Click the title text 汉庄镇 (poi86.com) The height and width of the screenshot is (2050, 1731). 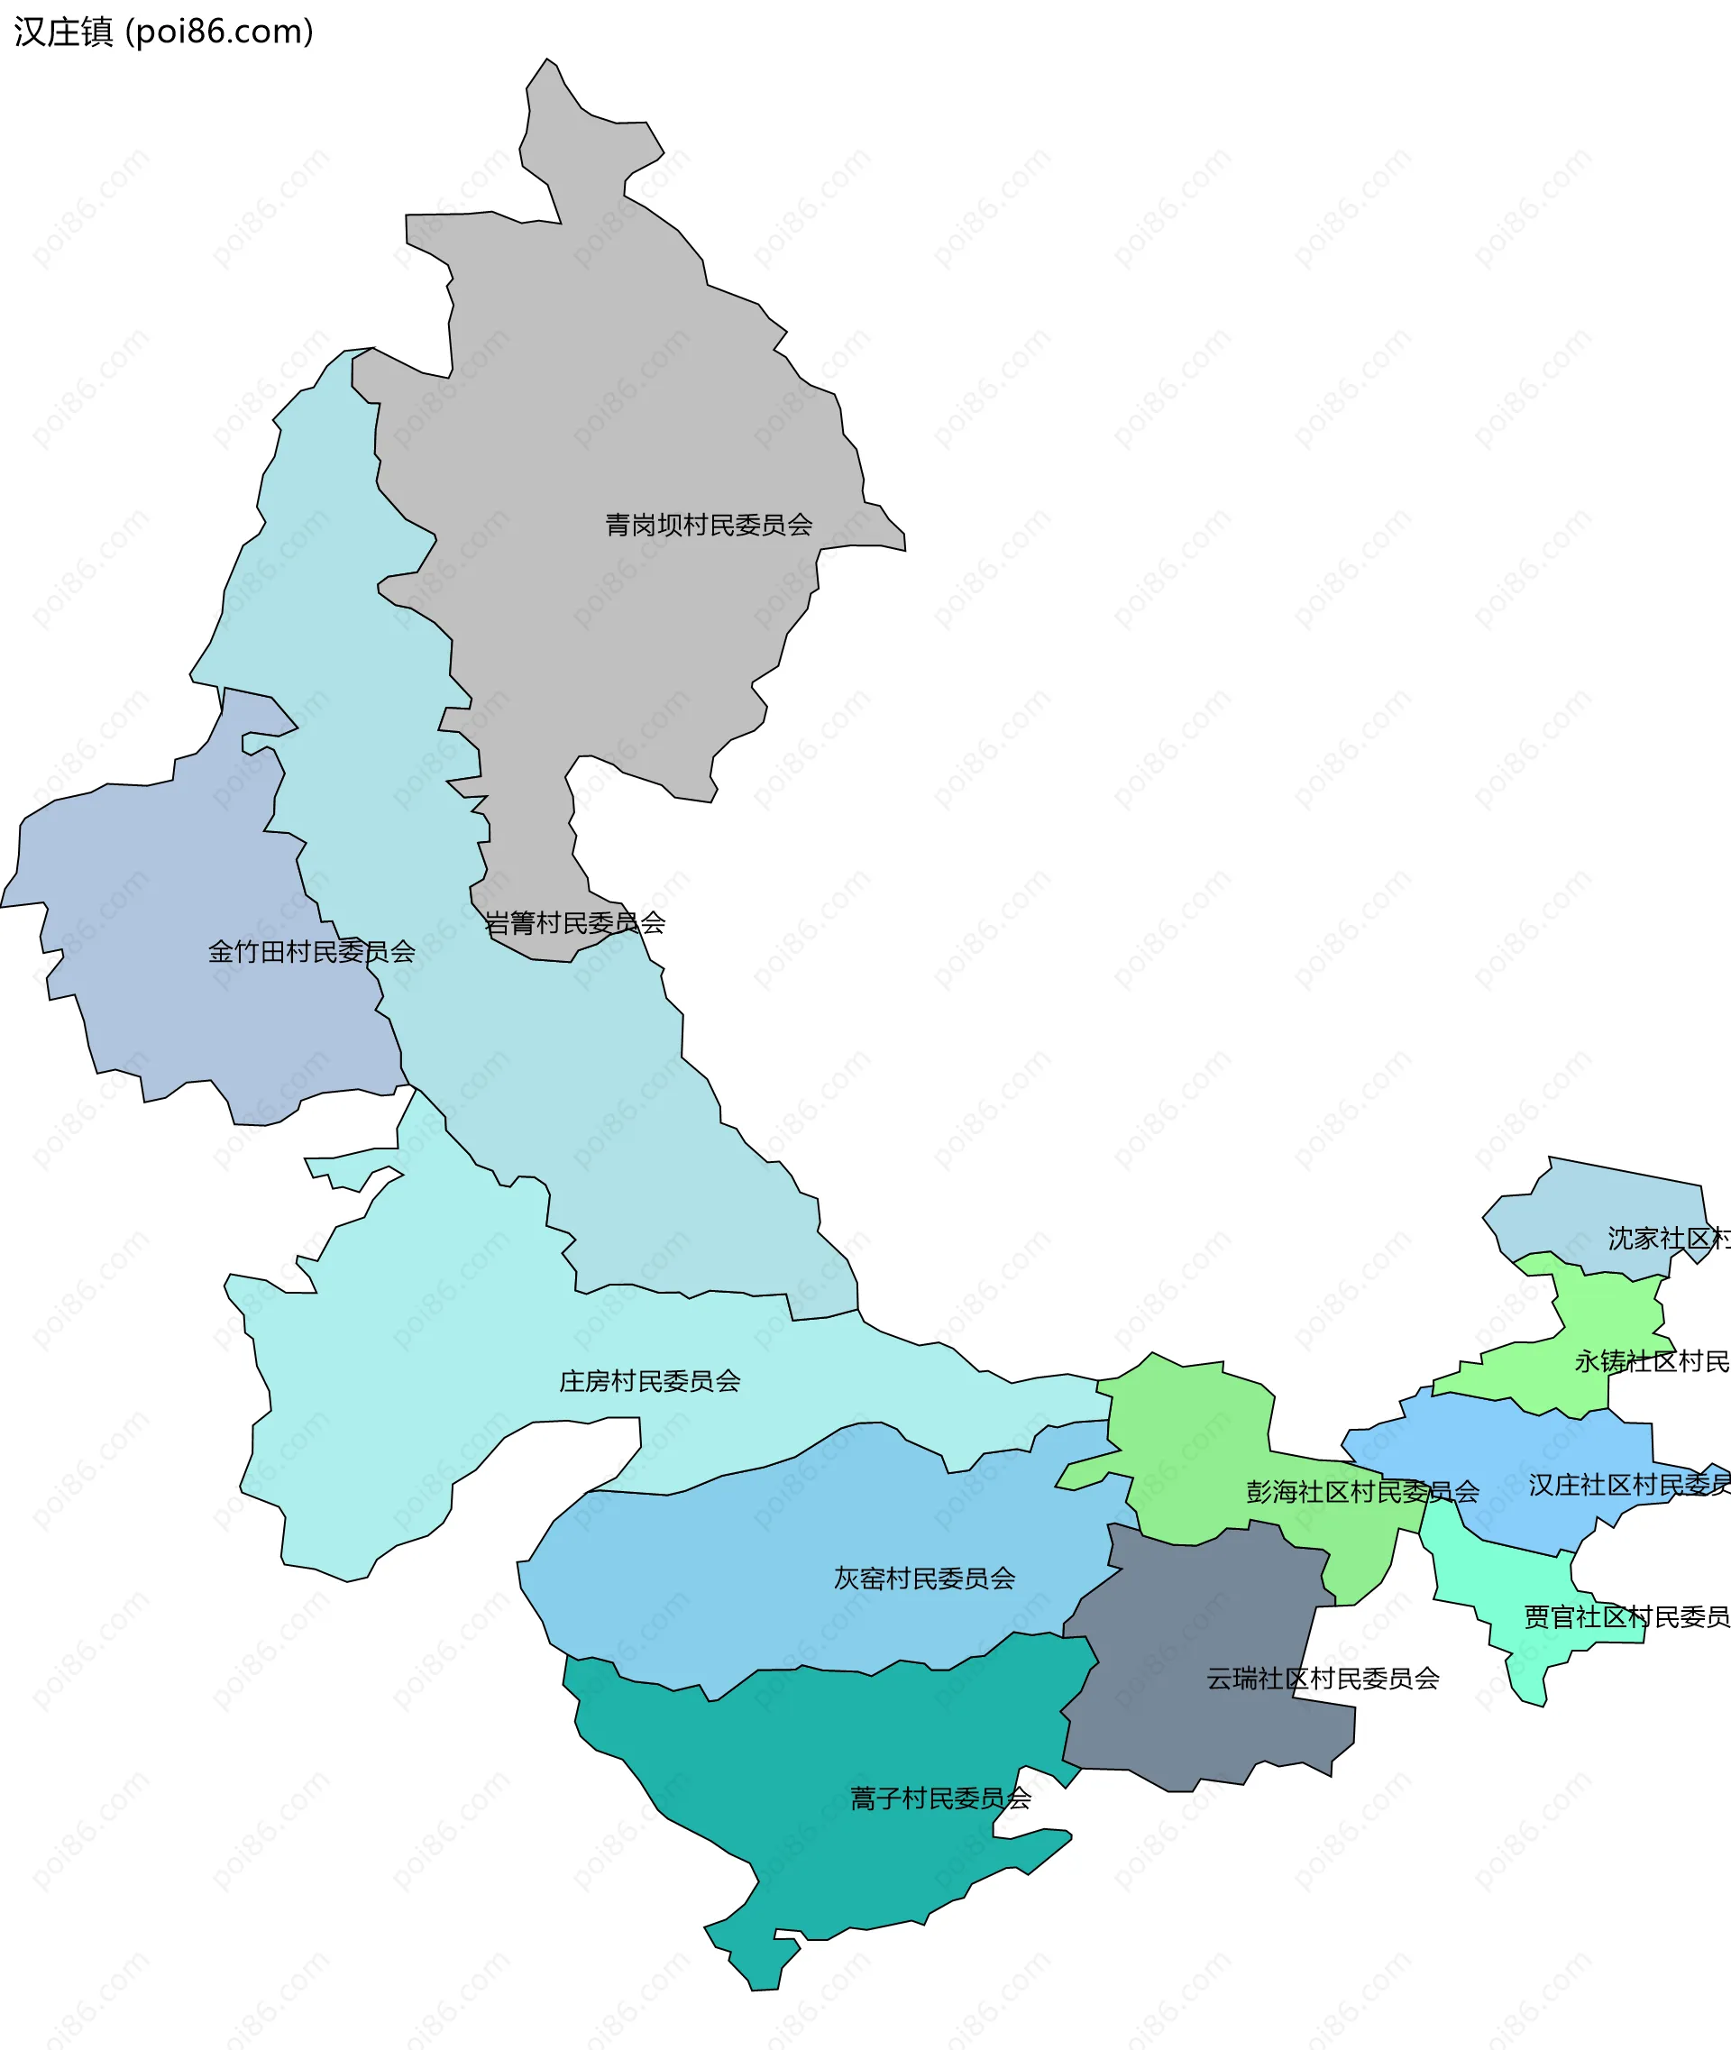pos(163,32)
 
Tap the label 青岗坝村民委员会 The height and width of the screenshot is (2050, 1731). pos(709,525)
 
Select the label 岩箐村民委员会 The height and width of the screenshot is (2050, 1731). pos(575,922)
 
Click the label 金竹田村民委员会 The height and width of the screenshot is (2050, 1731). pos(311,951)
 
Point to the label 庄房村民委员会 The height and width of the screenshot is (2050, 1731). pos(650,1381)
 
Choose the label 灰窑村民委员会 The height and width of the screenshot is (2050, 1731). pos(924,1578)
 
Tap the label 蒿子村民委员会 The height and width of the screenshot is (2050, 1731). pos(940,1798)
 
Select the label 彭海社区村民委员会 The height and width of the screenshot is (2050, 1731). pos(1362,1492)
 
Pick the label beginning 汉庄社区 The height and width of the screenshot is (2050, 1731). pos(1628,1485)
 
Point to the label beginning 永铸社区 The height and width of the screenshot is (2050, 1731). pos(1651,1361)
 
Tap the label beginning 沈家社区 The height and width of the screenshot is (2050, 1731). pos(1667,1239)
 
